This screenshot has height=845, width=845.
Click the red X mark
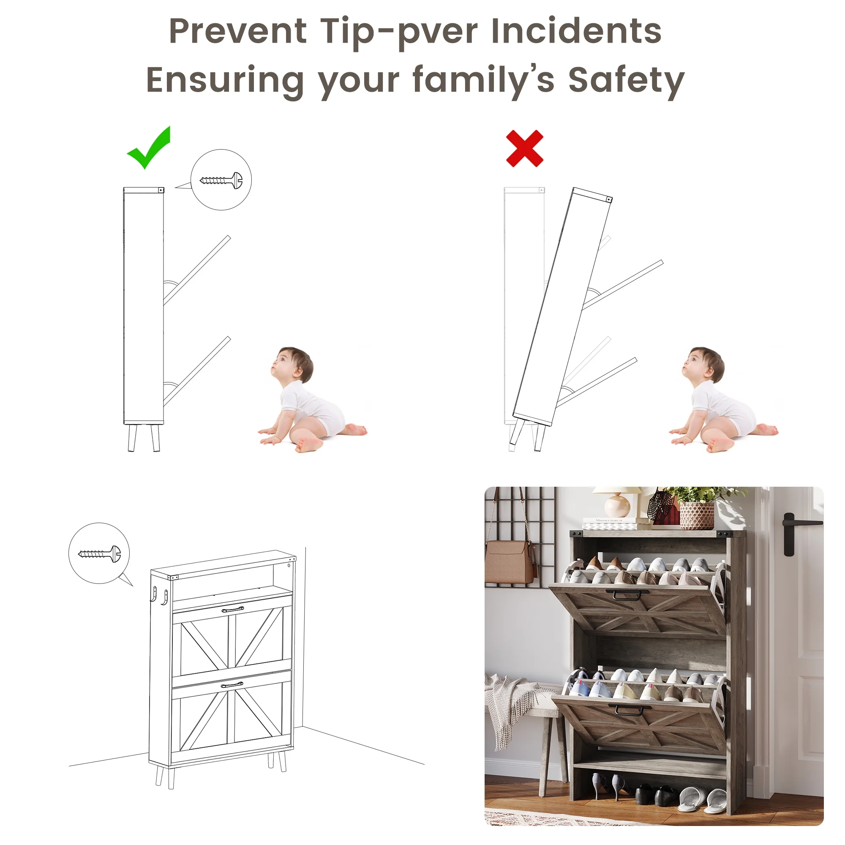click(x=524, y=148)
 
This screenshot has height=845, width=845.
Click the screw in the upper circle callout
click(x=221, y=180)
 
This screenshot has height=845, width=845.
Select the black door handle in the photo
click(x=795, y=534)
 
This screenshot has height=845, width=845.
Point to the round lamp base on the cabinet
click(x=618, y=506)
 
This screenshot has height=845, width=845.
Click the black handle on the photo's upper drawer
click(x=627, y=595)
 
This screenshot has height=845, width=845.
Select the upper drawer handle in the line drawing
click(x=233, y=609)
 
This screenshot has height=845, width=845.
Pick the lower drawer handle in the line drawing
click(x=232, y=684)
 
